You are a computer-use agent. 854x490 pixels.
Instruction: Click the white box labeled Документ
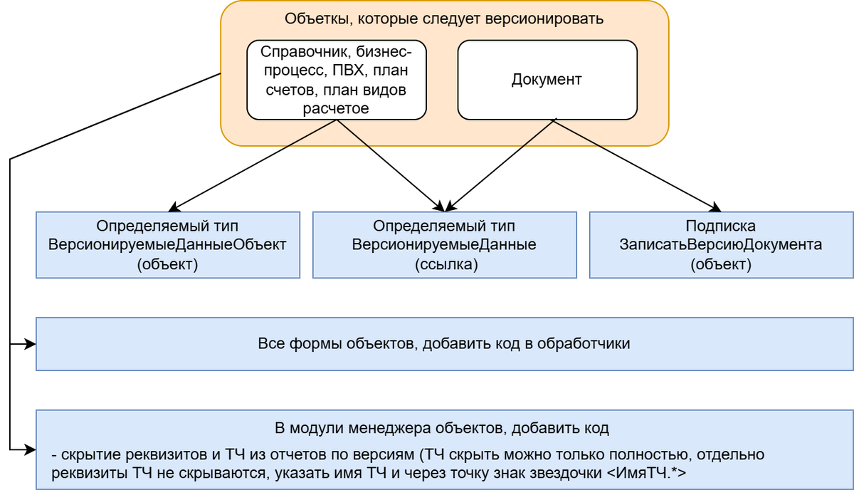547,79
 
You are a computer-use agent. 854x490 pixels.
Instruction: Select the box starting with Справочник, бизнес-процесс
336,79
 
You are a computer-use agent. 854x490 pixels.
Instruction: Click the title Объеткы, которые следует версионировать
444,19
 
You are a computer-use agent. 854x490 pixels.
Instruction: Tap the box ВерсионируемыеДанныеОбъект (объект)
167,245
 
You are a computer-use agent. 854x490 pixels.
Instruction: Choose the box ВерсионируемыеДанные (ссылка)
444,245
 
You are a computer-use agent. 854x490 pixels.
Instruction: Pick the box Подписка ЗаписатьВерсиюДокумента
720,245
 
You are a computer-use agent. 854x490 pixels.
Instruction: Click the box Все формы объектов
444,344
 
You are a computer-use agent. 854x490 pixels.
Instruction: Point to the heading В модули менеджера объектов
441,429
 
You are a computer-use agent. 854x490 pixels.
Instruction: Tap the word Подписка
720,226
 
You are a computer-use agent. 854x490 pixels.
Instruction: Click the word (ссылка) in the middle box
444,264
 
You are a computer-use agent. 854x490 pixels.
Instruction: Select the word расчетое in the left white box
336,108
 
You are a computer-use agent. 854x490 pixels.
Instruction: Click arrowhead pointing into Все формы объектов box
31,344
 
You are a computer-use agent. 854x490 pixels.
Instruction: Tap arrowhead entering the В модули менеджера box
31,449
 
